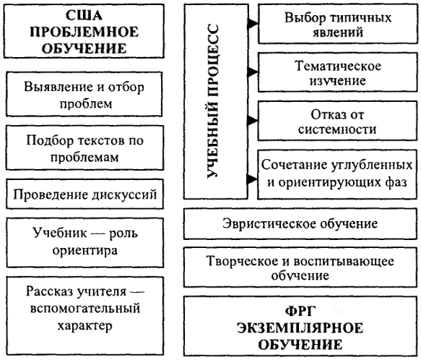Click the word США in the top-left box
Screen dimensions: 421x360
pyautogui.click(x=84, y=15)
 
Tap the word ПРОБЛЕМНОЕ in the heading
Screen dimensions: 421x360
pyautogui.click(x=84, y=32)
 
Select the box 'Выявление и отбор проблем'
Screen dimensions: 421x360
pyautogui.click(x=84, y=94)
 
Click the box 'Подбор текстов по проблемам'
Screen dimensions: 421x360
pyautogui.click(x=84, y=148)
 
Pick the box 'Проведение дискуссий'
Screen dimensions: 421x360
pyautogui.click(x=84, y=194)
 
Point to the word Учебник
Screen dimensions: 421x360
pyautogui.click(x=60, y=233)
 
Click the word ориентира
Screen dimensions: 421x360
pyautogui.click(x=84, y=251)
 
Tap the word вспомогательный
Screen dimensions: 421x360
pyautogui.click(x=84, y=308)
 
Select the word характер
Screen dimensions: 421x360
pyautogui.click(x=84, y=325)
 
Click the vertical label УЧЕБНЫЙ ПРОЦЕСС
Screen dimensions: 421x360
pyautogui.click(x=213, y=101)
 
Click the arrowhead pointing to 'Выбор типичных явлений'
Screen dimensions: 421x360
pyautogui.click(x=253, y=23)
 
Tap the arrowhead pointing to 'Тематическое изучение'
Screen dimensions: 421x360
pyautogui.click(x=253, y=72)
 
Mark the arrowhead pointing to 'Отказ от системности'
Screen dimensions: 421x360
pyautogui.click(x=253, y=120)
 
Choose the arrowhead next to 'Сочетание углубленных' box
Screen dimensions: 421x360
pyautogui.click(x=252, y=179)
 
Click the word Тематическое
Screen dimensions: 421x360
pyautogui.click(x=338, y=66)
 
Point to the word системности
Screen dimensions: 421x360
pyautogui.click(x=337, y=129)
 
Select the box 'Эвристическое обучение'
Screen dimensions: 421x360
pyautogui.click(x=300, y=223)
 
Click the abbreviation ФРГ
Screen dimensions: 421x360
pyautogui.click(x=300, y=312)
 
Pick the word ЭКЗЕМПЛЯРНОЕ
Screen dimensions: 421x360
pyautogui.click(x=300, y=328)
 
